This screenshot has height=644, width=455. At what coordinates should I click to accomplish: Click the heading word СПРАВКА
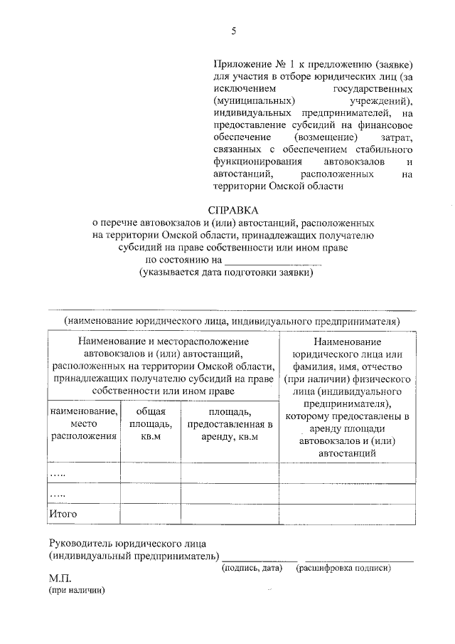(233, 210)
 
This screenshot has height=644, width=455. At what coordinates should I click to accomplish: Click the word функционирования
(257, 162)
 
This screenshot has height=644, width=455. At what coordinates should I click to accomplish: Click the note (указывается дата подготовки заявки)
(227, 272)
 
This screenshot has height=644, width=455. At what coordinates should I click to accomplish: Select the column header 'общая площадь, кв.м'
(150, 423)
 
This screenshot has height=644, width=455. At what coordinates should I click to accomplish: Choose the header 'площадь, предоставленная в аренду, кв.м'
(230, 423)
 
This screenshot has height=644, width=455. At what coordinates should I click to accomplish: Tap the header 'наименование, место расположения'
(82, 423)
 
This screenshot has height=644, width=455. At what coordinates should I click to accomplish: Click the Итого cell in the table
(63, 513)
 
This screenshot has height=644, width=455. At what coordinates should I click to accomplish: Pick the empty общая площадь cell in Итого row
(150, 513)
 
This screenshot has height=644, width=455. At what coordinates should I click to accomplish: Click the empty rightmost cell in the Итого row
(348, 513)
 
